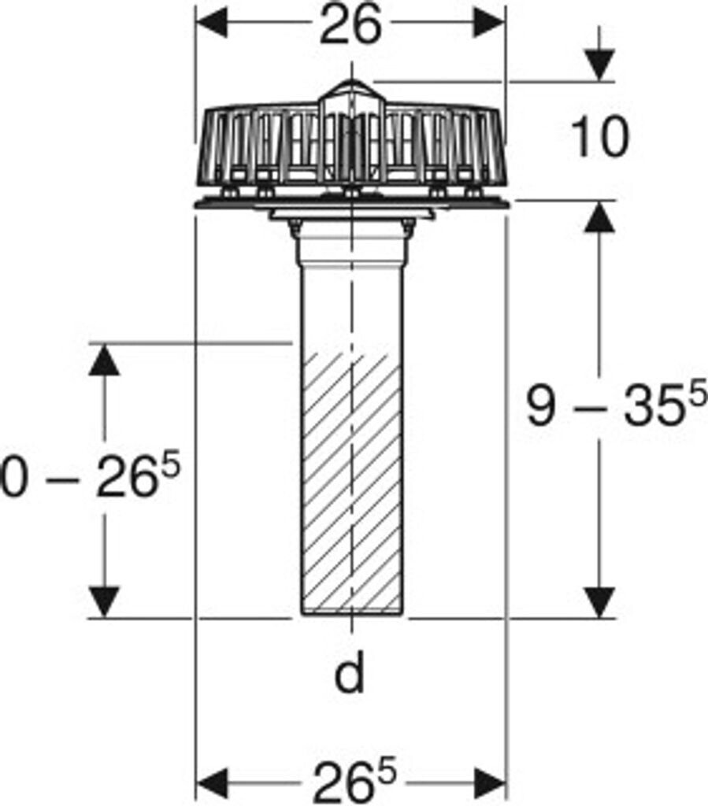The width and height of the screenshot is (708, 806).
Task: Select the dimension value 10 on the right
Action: [x=600, y=138]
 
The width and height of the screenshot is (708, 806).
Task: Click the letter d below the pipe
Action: [x=350, y=675]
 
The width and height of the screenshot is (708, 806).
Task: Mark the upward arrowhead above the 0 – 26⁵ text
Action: [x=104, y=360]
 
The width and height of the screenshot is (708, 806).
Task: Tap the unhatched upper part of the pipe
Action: [x=352, y=307]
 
